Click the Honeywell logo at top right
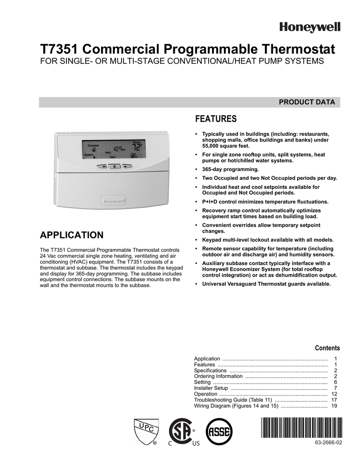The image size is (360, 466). (309, 28)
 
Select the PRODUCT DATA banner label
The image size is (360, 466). (307, 102)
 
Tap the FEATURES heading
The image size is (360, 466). (216, 119)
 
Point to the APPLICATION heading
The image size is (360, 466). (72, 235)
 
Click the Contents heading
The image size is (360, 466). (327, 348)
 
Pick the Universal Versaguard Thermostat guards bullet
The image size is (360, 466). (266, 284)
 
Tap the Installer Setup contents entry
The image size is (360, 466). (211, 388)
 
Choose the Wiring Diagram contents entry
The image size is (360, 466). (236, 406)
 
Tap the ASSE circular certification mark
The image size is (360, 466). (220, 430)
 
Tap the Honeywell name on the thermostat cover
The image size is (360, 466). (114, 200)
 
